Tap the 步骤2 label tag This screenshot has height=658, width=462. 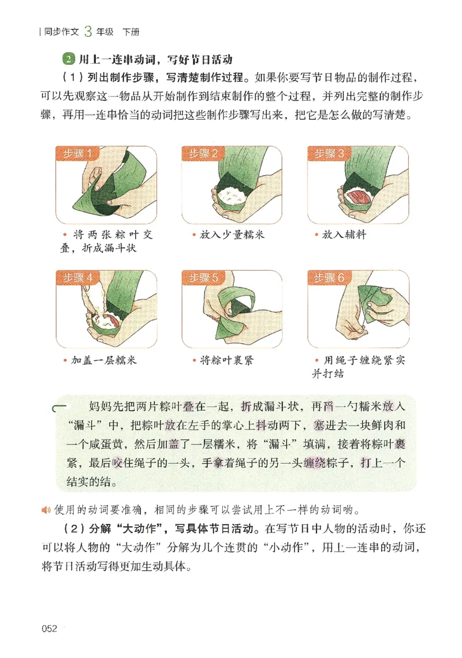(203, 153)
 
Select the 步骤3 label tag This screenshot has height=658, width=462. (329, 153)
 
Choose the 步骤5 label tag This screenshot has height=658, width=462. (203, 277)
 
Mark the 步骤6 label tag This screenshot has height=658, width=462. (329, 277)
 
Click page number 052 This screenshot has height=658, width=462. (49, 629)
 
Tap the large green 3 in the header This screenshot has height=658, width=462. (88, 31)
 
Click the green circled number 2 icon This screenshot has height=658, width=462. (69, 60)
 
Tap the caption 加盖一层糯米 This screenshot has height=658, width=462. (104, 361)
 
